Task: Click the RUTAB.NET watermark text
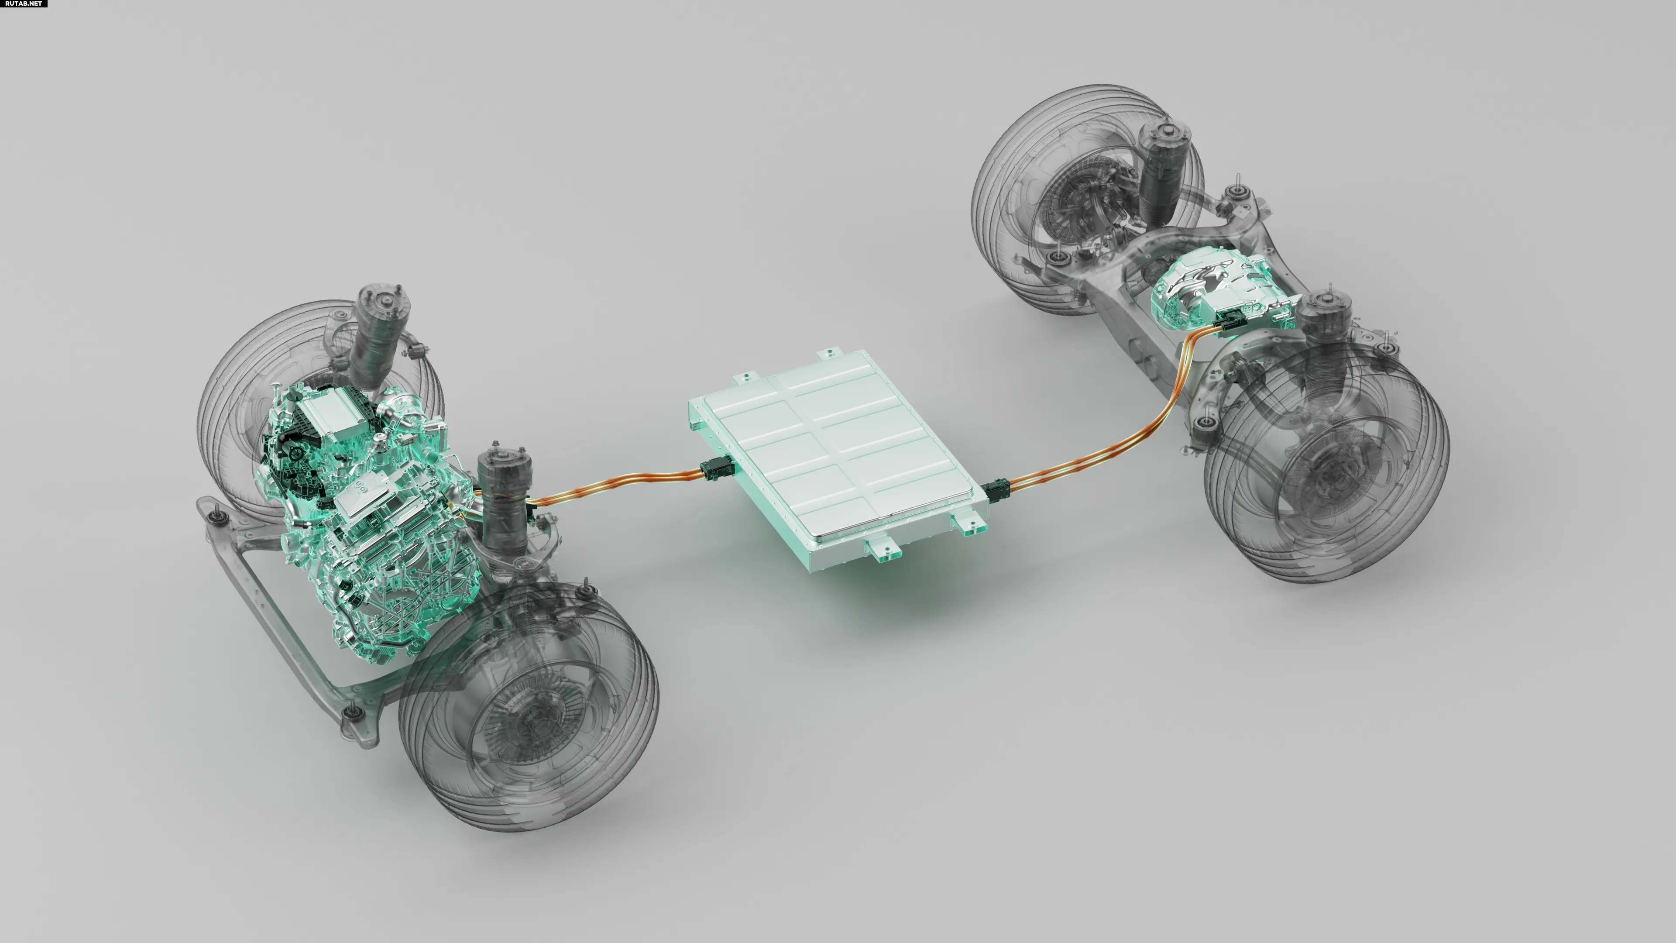pos(24,3)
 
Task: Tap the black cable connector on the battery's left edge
pos(716,468)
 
